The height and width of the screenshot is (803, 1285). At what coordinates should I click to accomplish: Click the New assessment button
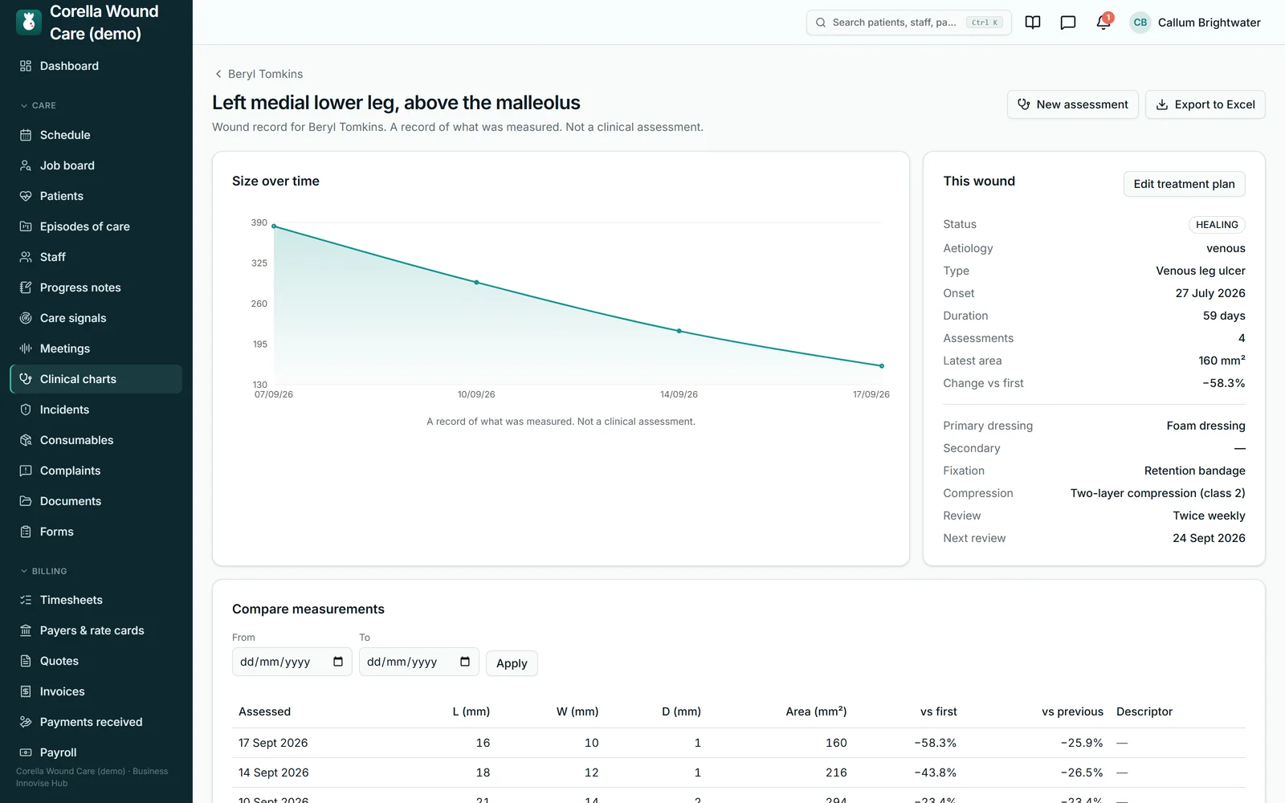pos(1072,104)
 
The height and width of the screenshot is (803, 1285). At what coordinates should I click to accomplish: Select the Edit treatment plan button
pos(1184,184)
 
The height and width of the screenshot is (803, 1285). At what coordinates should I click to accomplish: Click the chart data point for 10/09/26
pos(476,282)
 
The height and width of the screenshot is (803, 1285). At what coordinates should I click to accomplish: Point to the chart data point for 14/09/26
pos(679,331)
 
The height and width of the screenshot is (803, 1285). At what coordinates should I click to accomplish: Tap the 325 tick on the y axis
pos(259,263)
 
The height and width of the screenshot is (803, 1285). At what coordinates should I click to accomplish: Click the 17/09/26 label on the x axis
pos(871,394)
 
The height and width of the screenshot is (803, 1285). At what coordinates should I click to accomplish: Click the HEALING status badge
pos(1217,224)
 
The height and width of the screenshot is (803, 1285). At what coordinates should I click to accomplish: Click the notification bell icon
pos(1103,22)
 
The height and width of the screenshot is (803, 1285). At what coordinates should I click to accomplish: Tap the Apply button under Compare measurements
pos(512,663)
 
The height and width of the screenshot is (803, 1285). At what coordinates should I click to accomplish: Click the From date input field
pos(292,662)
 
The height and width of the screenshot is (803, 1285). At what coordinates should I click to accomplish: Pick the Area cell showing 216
pos(836,772)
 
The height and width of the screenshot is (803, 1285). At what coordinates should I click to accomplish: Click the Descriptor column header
pos(1144,711)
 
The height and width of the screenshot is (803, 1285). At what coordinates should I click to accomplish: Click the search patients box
pos(908,22)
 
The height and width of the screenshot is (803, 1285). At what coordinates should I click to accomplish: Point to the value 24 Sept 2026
pos(1209,538)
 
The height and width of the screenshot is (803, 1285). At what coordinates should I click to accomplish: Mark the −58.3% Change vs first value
pos(1224,383)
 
